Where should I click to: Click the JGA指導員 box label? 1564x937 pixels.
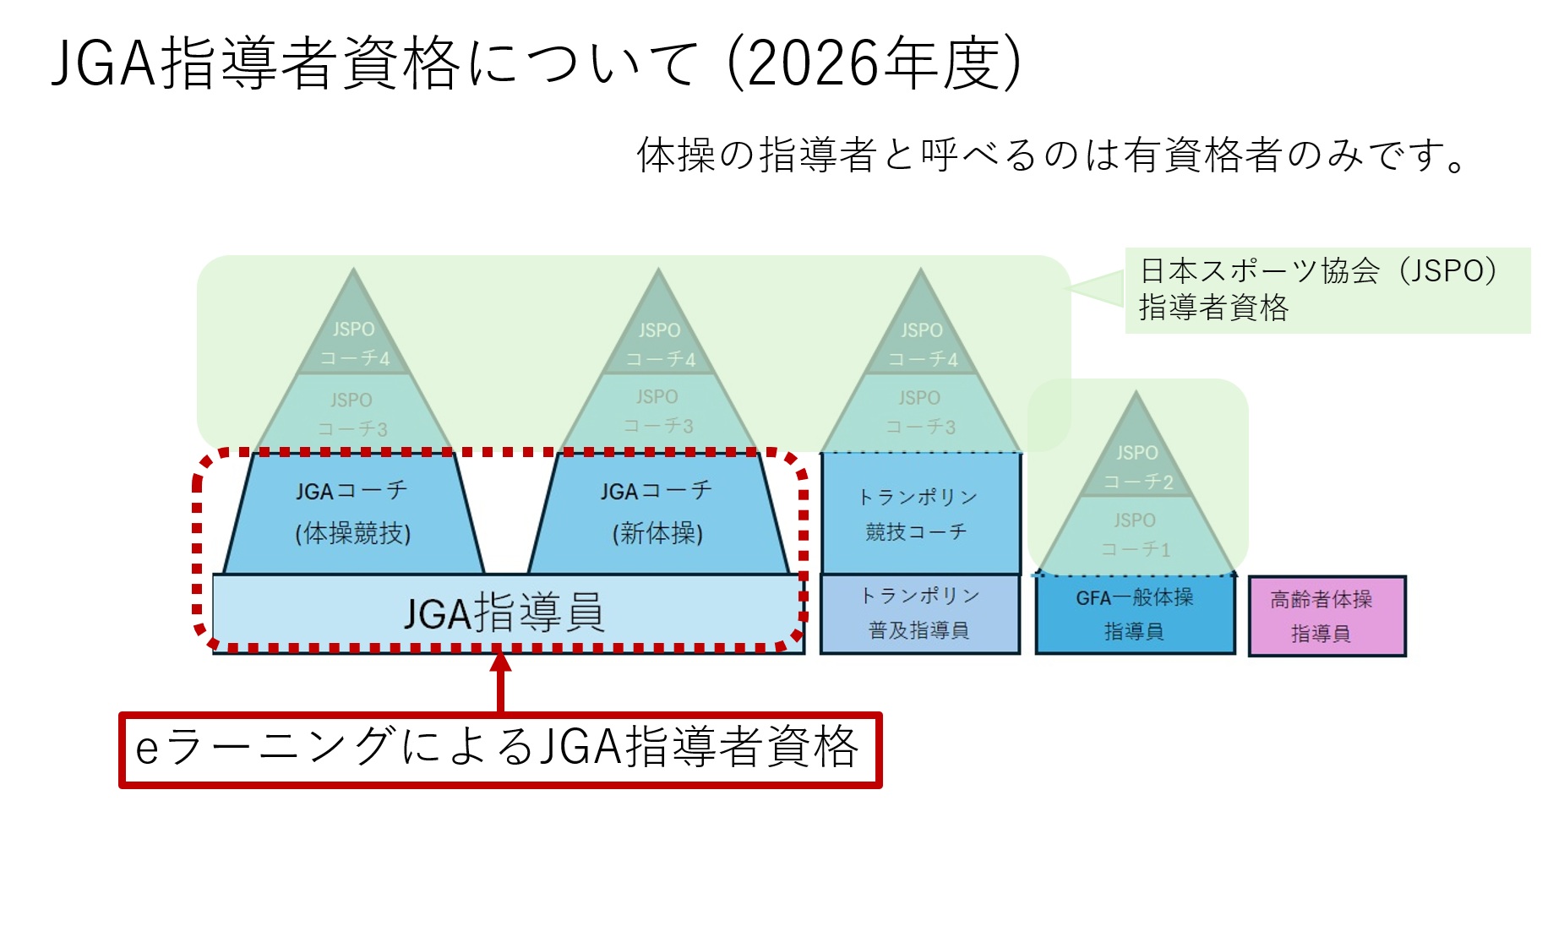pyautogui.click(x=504, y=613)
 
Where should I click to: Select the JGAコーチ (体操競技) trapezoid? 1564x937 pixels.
pyautogui.click(x=353, y=513)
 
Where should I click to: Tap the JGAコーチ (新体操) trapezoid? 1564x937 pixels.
pyautogui.click(x=657, y=513)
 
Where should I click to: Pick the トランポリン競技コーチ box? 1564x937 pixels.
pyautogui.click(x=919, y=514)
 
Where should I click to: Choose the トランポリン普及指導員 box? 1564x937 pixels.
pyautogui.click(x=919, y=613)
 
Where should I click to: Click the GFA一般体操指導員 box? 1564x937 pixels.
pyautogui.click(x=1134, y=614)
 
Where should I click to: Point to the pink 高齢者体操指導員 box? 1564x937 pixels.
pyautogui.click(x=1326, y=616)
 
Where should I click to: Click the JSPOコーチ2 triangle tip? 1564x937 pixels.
pyautogui.click(x=1137, y=465)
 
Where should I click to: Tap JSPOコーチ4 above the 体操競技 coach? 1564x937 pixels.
pyautogui.click(x=354, y=343)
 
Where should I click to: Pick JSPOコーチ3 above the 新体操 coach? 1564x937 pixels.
pyautogui.click(x=658, y=411)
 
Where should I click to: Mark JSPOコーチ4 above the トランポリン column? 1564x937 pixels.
pyautogui.click(x=922, y=344)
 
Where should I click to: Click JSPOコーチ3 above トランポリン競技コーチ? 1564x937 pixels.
pyautogui.click(x=920, y=412)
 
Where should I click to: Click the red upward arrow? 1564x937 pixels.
pyautogui.click(x=501, y=680)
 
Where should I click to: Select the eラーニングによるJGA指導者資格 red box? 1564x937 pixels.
pyautogui.click(x=500, y=749)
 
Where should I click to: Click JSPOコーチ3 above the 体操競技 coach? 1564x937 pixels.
pyautogui.click(x=352, y=414)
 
